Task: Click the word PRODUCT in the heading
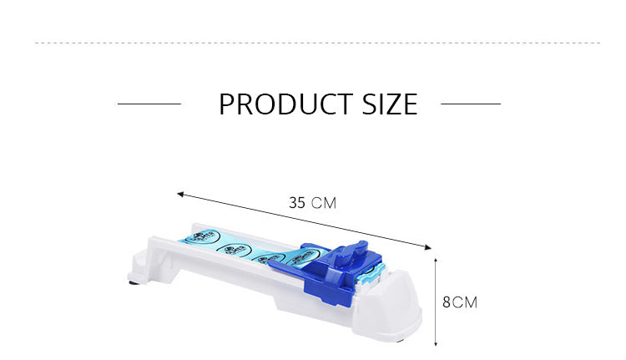point(285,104)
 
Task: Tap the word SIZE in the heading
point(390,104)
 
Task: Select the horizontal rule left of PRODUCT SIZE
point(149,104)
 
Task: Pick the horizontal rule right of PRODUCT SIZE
point(471,104)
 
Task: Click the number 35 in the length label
point(297,203)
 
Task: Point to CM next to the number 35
point(324,203)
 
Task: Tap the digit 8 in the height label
point(447,302)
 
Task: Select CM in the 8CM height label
point(465,302)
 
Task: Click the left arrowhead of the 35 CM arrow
point(180,195)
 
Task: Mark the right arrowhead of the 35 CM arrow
point(428,248)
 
